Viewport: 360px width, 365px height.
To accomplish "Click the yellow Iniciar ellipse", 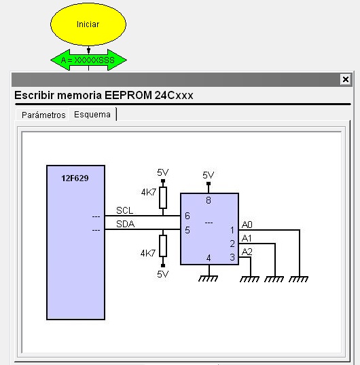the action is pyautogui.click(x=88, y=24).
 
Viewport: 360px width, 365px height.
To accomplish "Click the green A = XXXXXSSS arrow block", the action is pyautogui.click(x=88, y=60).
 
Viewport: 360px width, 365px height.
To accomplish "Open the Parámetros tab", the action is pyautogui.click(x=43, y=115).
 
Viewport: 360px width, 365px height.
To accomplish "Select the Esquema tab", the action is pyautogui.click(x=92, y=114).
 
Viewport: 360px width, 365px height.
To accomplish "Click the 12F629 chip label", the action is pyautogui.click(x=75, y=178).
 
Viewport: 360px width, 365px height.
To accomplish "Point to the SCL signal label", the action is pyautogui.click(x=125, y=210).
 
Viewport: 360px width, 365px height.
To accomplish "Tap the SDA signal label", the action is pyautogui.click(x=126, y=224).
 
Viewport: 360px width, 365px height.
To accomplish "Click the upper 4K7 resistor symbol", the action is pyautogui.click(x=163, y=197).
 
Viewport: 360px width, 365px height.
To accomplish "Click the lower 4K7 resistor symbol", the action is pyautogui.click(x=163, y=246).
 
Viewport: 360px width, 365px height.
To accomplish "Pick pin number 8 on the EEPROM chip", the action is pyautogui.click(x=209, y=200).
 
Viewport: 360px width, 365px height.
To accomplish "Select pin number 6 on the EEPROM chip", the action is pyautogui.click(x=187, y=216).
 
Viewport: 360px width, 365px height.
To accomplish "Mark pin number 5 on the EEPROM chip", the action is pyautogui.click(x=187, y=230).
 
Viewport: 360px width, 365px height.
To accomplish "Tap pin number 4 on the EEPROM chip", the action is pyautogui.click(x=209, y=258).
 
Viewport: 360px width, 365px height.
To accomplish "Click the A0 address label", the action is pyautogui.click(x=247, y=225).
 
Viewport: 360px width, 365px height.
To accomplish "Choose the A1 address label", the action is pyautogui.click(x=247, y=238).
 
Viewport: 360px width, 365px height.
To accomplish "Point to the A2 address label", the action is pyautogui.click(x=247, y=252).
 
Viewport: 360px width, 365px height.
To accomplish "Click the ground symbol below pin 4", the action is pyautogui.click(x=208, y=279).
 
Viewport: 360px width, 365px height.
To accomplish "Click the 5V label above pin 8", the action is pyautogui.click(x=209, y=175).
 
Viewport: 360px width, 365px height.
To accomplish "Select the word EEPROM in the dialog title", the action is pyautogui.click(x=128, y=95).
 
